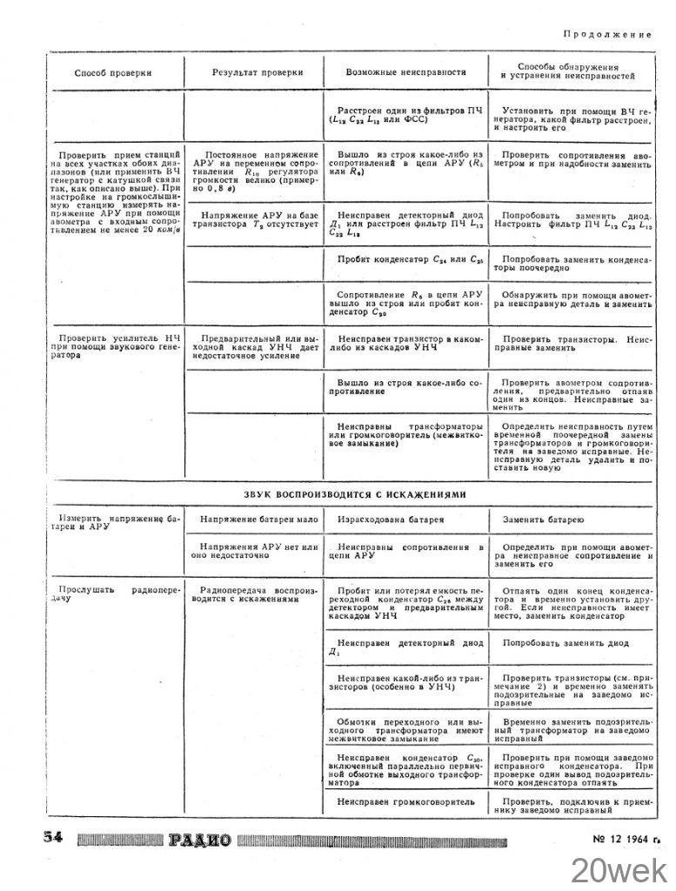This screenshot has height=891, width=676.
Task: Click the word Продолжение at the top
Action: (606, 34)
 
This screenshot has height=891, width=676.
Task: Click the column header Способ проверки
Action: (113, 73)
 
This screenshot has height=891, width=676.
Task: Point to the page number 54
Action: (54, 838)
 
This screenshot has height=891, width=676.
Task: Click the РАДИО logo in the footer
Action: (200, 840)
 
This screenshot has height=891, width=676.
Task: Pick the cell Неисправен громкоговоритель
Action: (405, 800)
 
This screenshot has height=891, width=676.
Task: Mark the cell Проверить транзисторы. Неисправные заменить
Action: (571, 342)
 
